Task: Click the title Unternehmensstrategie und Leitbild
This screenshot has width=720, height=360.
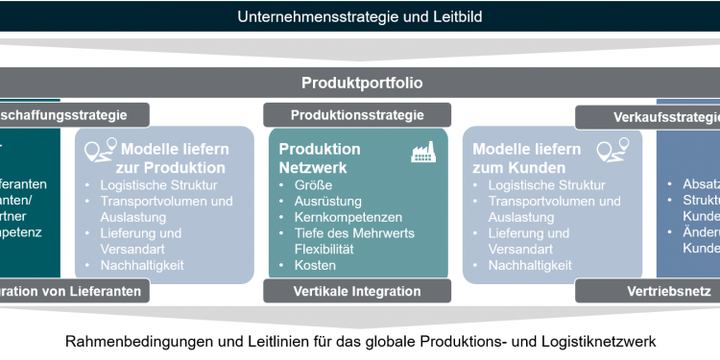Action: [361, 16]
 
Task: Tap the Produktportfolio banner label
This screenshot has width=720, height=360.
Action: [361, 83]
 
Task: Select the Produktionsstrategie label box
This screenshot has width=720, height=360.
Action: [357, 115]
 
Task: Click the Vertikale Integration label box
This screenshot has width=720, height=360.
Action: [357, 291]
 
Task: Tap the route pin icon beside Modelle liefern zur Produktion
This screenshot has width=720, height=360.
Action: [100, 151]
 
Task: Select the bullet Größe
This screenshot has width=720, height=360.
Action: [315, 185]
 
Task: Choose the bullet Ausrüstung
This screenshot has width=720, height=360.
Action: [326, 202]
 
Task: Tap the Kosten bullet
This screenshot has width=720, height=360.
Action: [315, 265]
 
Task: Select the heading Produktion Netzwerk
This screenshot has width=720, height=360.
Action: [320, 157]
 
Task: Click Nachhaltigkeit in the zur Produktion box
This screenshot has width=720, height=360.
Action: [143, 265]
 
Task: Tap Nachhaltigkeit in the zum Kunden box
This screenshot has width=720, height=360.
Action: [530, 265]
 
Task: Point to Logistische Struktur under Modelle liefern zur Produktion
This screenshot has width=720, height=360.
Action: [159, 185]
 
